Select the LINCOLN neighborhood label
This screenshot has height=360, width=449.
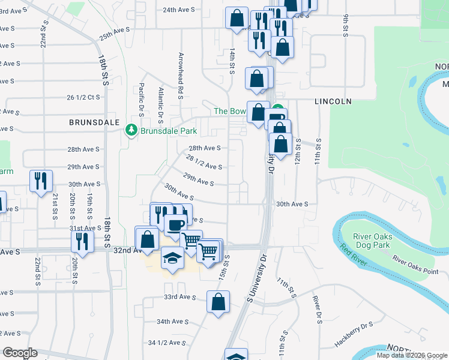click(x=333, y=101)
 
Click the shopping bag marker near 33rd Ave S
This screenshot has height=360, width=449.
click(x=218, y=302)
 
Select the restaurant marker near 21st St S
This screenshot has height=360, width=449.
click(x=41, y=181)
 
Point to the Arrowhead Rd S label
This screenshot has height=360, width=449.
click(x=180, y=75)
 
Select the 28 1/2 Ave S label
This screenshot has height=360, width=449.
click(x=204, y=163)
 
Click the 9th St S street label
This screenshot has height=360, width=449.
click(x=346, y=26)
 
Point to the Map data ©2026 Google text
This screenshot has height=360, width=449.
click(x=412, y=355)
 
